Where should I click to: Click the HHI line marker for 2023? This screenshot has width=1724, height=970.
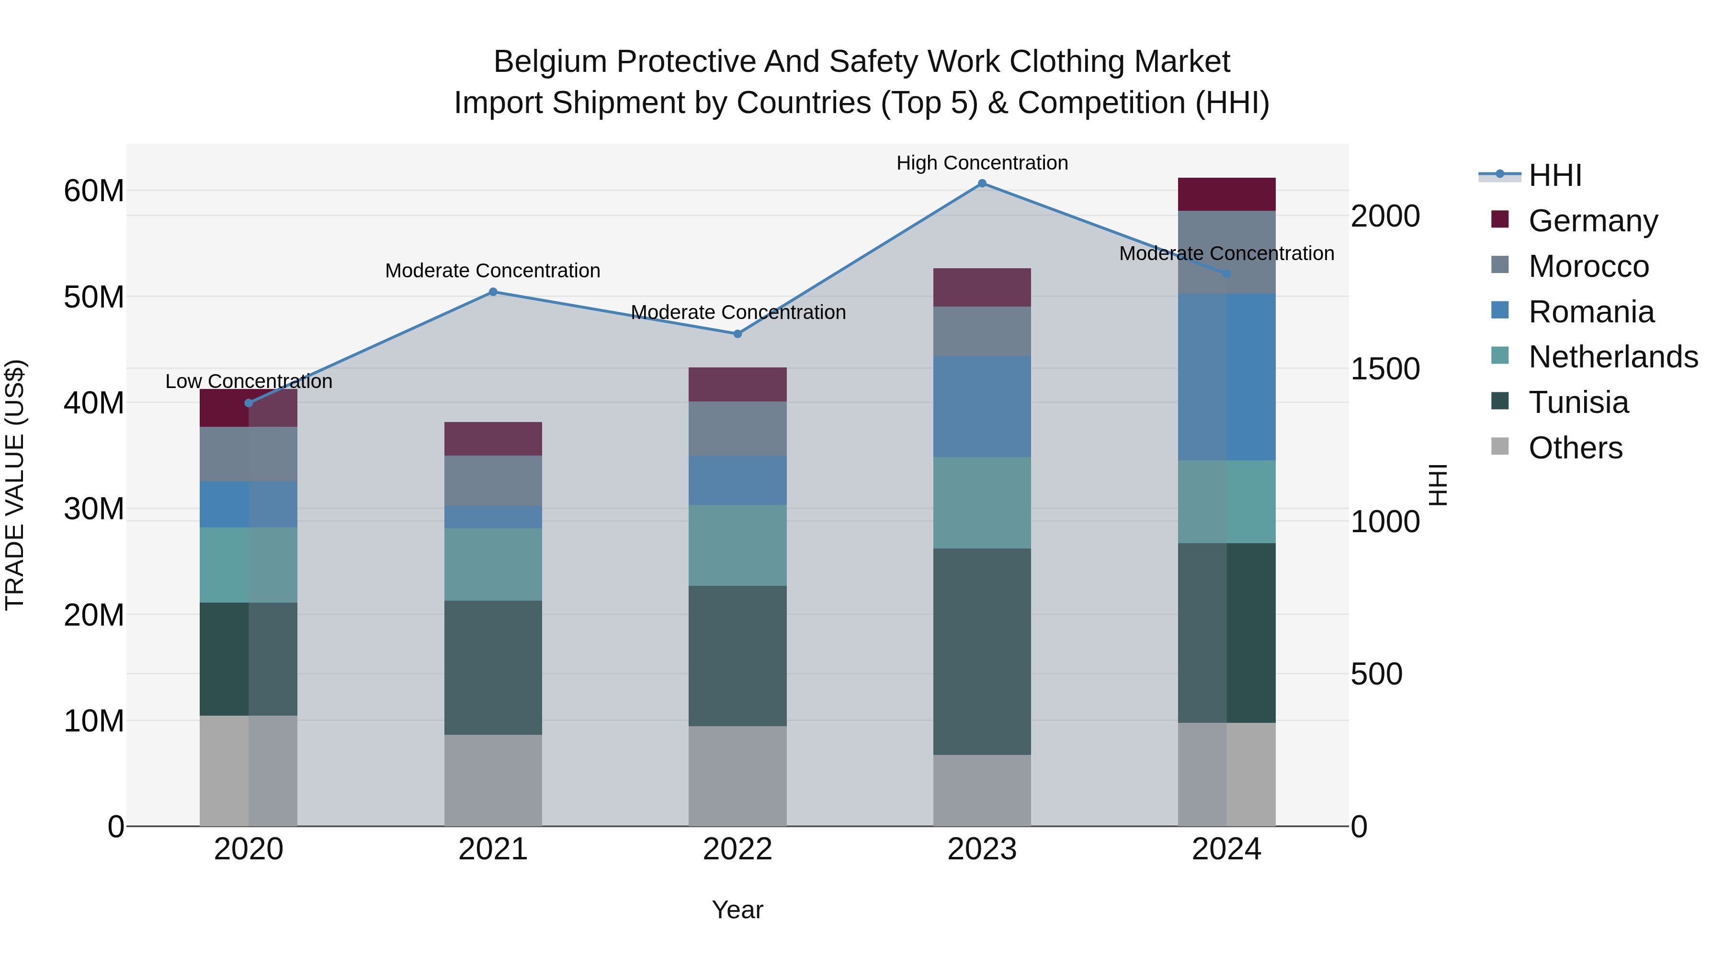click(982, 183)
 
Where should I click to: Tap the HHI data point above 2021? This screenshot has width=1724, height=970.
click(493, 292)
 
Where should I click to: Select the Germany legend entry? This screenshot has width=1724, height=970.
click(1592, 221)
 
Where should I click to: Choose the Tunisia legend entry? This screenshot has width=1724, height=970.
click(1577, 402)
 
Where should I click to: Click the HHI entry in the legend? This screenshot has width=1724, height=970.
click(1554, 175)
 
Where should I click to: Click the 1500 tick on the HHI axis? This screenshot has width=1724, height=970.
click(1384, 369)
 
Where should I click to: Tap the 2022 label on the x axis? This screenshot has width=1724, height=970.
click(737, 849)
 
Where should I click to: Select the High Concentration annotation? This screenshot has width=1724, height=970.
click(982, 163)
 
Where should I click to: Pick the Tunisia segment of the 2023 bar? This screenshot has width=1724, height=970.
click(982, 651)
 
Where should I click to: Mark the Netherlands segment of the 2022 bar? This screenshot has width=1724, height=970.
click(737, 545)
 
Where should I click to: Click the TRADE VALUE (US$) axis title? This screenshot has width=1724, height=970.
click(15, 485)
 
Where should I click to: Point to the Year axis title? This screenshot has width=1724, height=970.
click(737, 910)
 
